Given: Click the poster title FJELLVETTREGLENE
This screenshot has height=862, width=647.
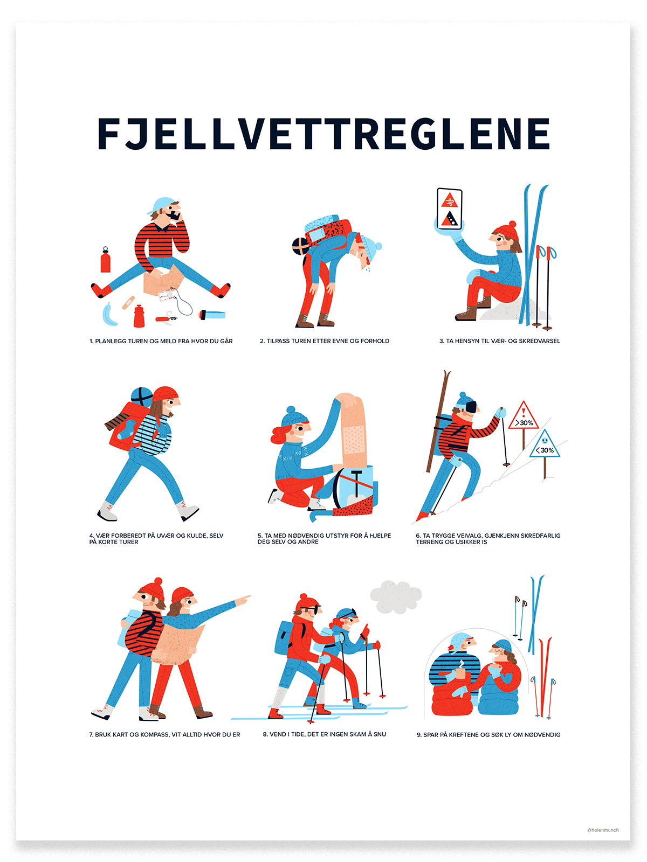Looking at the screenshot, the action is point(323,134).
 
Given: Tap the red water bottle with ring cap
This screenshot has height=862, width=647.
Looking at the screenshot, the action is point(105,260).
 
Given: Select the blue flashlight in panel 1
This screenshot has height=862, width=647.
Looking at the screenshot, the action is point(212,314).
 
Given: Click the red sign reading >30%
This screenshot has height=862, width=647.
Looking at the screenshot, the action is point(524,416).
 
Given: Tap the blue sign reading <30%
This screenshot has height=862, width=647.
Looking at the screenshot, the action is point(545,444).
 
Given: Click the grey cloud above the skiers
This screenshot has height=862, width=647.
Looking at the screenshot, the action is point(395,597).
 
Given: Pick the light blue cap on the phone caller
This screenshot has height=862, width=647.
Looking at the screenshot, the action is point(161,205).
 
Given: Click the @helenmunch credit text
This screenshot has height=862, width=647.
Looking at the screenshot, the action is point(603,830).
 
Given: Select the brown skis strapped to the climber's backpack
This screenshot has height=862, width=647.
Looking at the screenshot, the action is point(438,421).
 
